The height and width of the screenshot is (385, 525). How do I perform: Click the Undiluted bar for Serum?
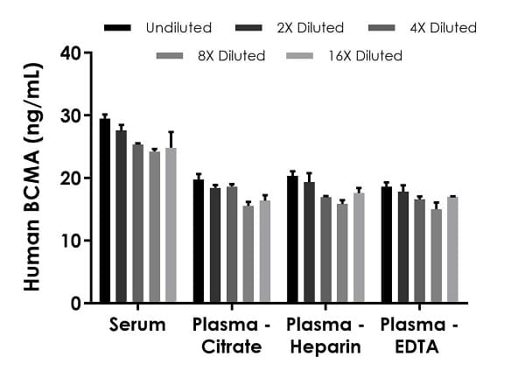[105, 211]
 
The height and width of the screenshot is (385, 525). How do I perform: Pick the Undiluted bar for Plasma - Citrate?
[199, 241]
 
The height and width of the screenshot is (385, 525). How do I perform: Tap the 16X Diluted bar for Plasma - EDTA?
[451, 249]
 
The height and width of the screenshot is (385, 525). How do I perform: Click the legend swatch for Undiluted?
[117, 28]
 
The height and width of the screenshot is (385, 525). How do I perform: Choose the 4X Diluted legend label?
[443, 28]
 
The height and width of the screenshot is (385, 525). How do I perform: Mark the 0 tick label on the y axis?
[76, 303]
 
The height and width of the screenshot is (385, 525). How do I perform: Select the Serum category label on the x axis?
[137, 325]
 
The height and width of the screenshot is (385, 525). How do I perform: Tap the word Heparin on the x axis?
[322, 347]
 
